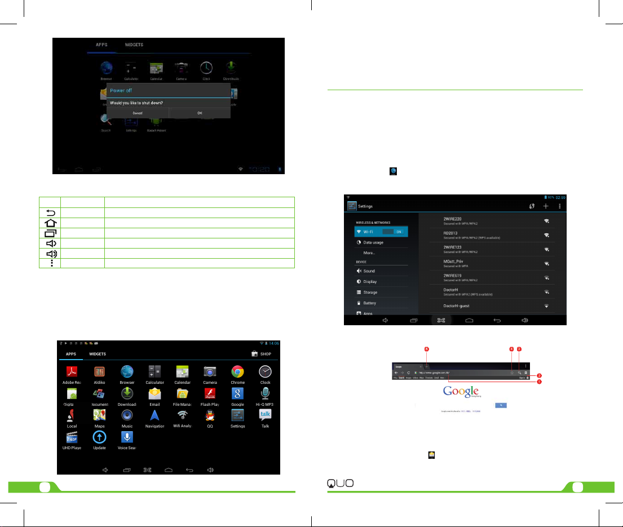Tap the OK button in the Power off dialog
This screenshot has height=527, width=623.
pos(200,113)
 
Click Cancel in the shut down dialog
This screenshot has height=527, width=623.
pos(138,113)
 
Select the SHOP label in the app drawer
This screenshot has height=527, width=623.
pos(266,354)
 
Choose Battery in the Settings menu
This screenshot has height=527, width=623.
pos(369,303)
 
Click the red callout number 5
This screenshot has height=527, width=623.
pos(427,349)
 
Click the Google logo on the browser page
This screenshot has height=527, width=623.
pos(461,392)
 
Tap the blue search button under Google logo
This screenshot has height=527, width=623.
pos(500,405)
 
